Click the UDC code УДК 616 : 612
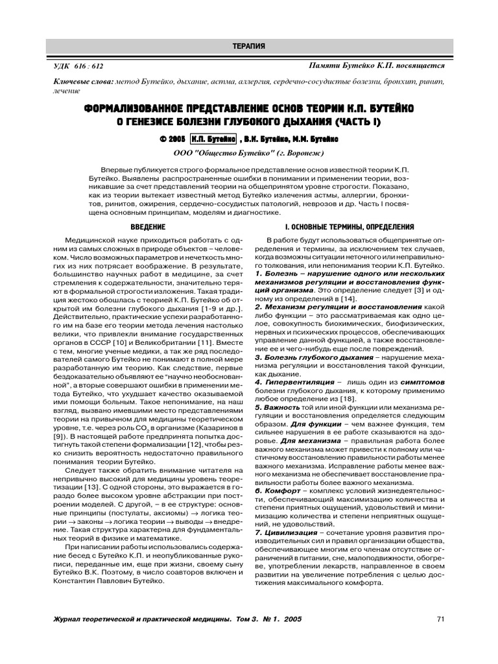click(x=77, y=67)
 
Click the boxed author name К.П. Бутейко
click(x=213, y=139)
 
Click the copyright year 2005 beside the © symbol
click(x=176, y=139)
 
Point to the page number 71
click(x=440, y=619)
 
